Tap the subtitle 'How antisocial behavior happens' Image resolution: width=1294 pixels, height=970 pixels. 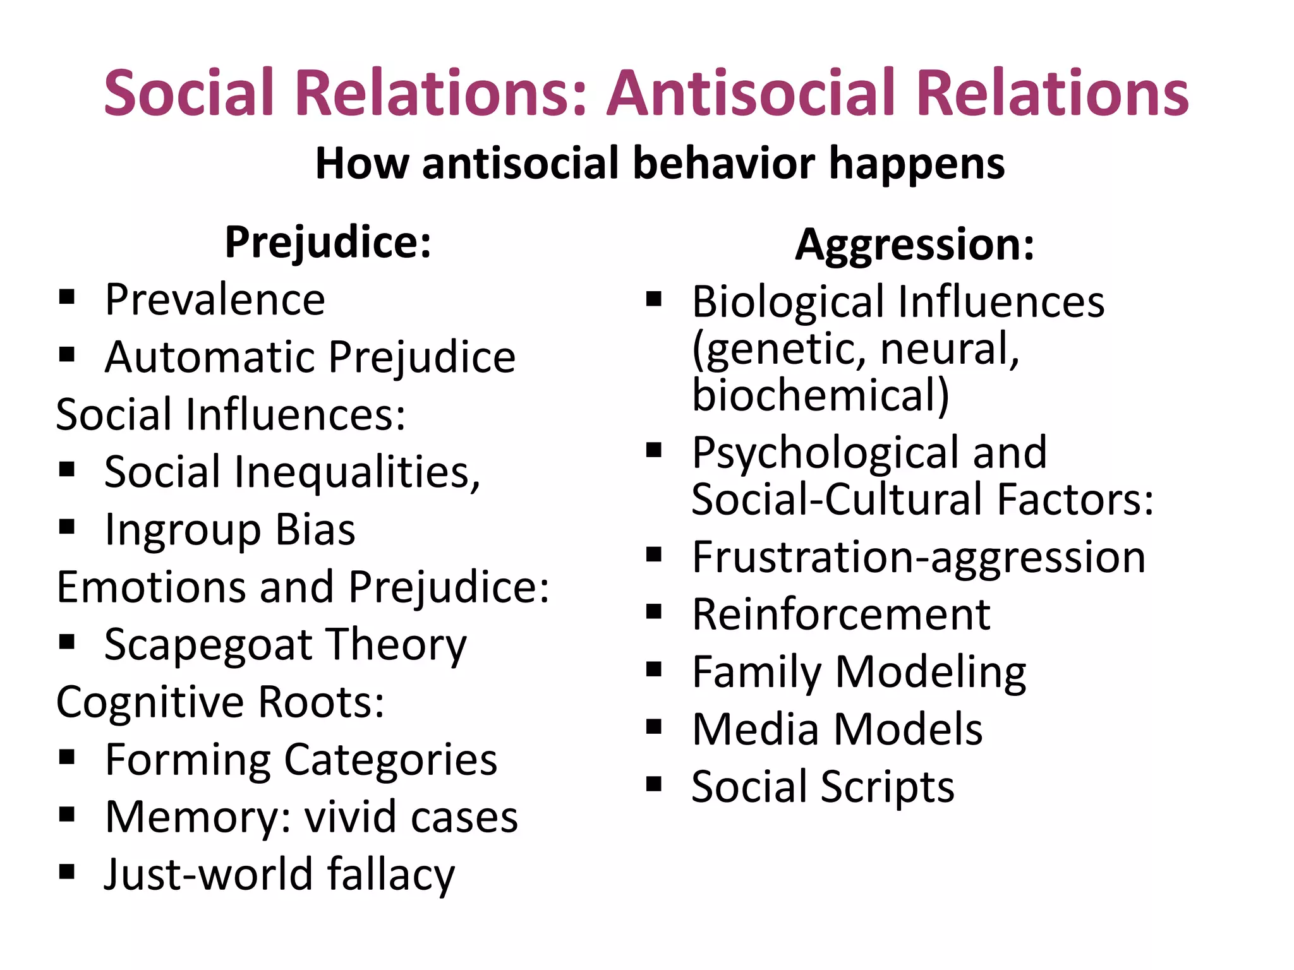pos(659,163)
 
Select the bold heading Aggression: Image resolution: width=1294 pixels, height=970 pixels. pos(914,245)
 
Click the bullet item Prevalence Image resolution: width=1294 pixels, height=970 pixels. pos(215,299)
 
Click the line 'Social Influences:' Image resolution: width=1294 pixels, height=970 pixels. pos(231,415)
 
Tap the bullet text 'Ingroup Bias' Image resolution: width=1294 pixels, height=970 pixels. pos(229,530)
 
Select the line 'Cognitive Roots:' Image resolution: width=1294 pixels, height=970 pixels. pos(220,702)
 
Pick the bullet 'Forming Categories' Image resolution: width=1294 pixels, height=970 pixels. pos(301,760)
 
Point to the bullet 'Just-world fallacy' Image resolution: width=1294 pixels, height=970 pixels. pos(279,875)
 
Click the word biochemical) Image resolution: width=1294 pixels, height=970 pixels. pos(820,395)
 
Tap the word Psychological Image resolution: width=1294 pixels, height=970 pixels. pos(825,453)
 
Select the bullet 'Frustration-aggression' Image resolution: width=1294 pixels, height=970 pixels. pos(918,558)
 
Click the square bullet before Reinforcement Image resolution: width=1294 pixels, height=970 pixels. pos(653,611)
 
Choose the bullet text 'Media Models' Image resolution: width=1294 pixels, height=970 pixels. pos(837,729)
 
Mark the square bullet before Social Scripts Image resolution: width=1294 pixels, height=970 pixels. pos(653,784)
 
